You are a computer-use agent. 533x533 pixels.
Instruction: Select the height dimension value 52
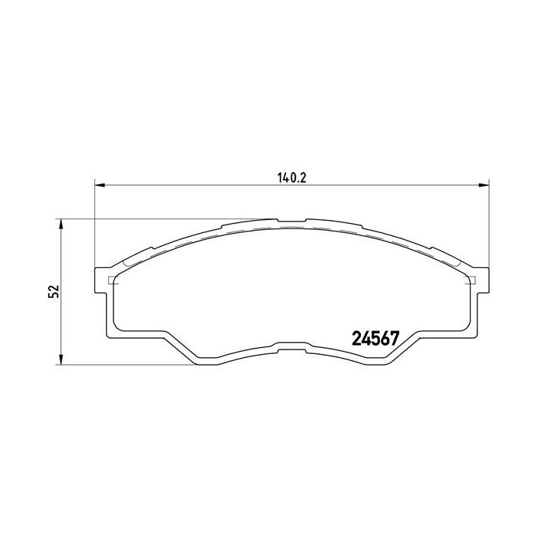(x=53, y=292)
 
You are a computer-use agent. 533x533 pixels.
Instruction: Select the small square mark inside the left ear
(x=113, y=279)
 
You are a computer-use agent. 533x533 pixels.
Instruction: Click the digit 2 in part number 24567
(x=354, y=338)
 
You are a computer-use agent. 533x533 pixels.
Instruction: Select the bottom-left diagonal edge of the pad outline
(x=179, y=346)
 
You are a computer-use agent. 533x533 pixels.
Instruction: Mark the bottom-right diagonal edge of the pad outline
(x=404, y=346)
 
